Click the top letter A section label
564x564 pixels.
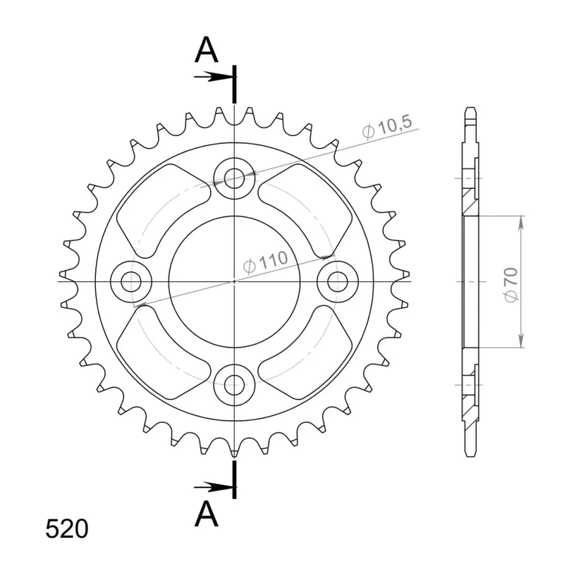[206, 49]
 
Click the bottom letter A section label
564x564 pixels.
[206, 514]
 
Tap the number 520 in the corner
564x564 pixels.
[67, 529]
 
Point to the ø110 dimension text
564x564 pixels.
[266, 262]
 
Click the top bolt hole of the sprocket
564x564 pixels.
[234, 178]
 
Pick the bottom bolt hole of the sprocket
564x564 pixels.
[234, 385]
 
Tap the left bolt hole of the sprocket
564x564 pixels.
[131, 281]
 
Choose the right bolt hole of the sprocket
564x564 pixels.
[338, 281]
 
